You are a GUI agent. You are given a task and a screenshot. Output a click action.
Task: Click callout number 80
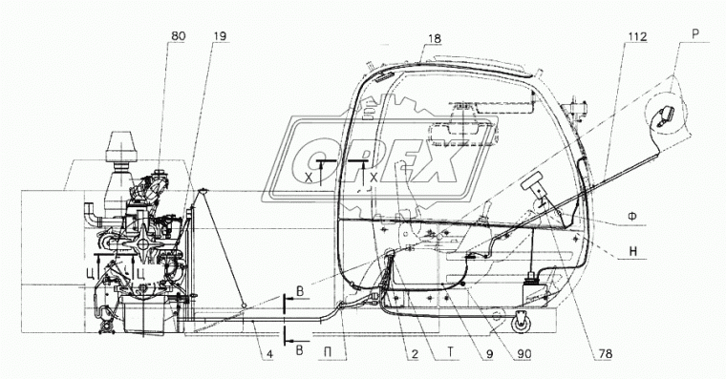178,37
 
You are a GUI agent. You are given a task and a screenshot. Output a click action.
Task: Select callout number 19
221,37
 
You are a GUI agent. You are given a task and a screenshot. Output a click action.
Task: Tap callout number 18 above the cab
435,39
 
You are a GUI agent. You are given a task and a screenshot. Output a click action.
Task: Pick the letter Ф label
631,216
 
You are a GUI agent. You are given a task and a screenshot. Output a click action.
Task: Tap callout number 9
489,354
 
